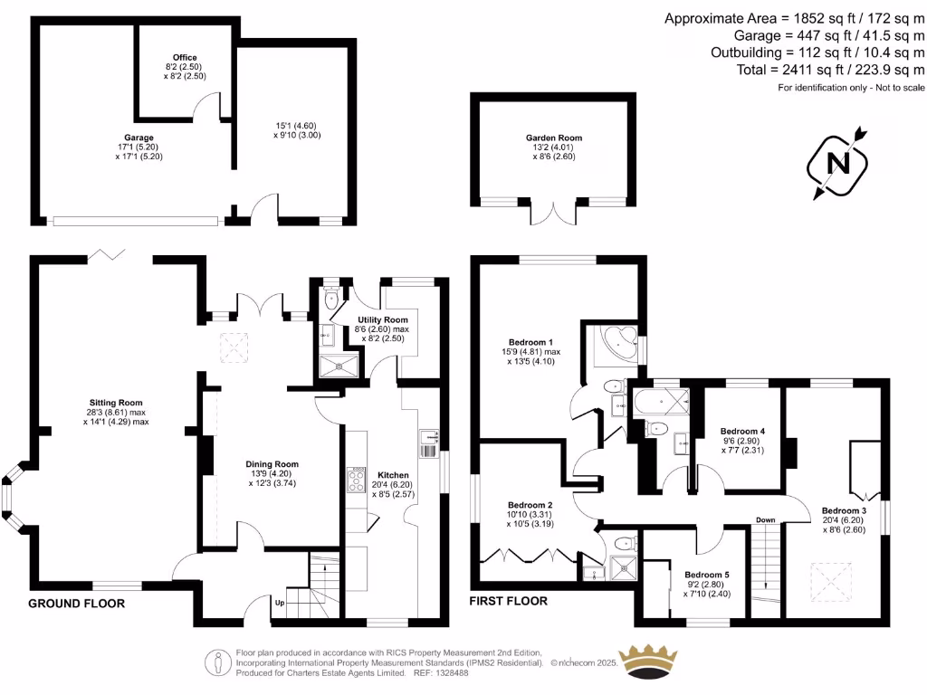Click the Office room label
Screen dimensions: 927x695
click(x=185, y=57)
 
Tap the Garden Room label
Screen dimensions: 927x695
click(x=554, y=138)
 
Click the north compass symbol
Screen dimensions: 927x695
click(x=837, y=163)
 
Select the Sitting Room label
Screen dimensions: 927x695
click(x=116, y=403)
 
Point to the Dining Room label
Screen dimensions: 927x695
click(x=272, y=464)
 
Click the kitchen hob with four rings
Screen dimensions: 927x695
click(x=357, y=480)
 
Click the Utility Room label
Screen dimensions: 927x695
click(x=383, y=319)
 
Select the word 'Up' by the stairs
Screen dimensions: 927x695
click(x=280, y=603)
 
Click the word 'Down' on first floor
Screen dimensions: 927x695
click(x=766, y=520)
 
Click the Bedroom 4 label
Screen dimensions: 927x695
click(x=742, y=432)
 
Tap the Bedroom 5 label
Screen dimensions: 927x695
click(x=707, y=575)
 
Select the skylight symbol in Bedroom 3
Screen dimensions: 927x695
click(x=832, y=582)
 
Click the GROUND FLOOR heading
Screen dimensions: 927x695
click(x=77, y=604)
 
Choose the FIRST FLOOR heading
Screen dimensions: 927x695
click(x=509, y=601)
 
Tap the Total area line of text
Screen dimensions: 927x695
click(x=831, y=70)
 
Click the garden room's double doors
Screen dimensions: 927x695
click(x=553, y=213)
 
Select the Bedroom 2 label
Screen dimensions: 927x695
click(x=530, y=505)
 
